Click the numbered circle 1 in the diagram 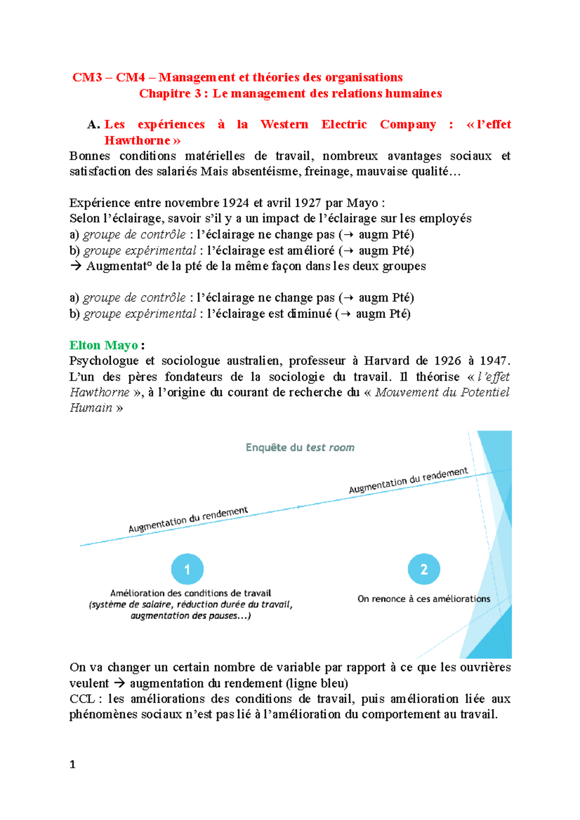(187, 569)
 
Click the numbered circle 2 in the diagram (424, 569)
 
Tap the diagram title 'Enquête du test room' (300, 448)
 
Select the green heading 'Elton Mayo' (103, 345)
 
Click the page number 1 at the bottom (72, 764)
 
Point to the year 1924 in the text (235, 203)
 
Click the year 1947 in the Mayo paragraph (493, 361)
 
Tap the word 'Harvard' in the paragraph (387, 361)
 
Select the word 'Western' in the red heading (284, 125)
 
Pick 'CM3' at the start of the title (87, 78)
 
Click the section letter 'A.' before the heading (93, 125)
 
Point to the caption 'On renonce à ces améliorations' (424, 599)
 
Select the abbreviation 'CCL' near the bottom (82, 699)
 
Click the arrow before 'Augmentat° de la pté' (75, 266)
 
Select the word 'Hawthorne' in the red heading (137, 141)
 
